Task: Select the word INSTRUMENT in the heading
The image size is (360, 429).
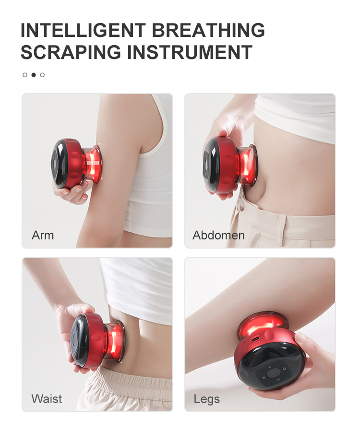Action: pos(190,52)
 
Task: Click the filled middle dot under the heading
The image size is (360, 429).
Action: pos(34,75)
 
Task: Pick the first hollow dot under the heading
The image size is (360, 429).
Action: pos(25,75)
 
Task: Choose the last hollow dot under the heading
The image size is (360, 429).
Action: pos(42,75)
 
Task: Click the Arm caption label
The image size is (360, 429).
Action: pos(43,235)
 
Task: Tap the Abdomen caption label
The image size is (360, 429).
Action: pos(218,235)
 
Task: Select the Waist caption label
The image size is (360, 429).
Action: pos(47,399)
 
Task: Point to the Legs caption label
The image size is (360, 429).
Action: pos(207,399)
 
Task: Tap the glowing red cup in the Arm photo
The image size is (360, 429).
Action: pos(93,164)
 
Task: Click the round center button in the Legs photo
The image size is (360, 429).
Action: pos(273,372)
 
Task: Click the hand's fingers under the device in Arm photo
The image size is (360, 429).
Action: pos(72,192)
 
